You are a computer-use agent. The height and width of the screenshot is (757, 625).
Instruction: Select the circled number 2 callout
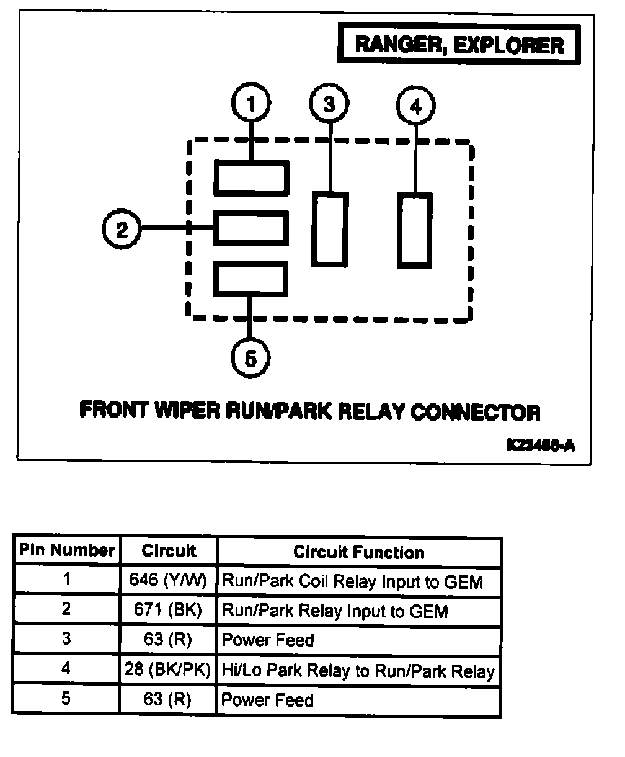click(x=122, y=230)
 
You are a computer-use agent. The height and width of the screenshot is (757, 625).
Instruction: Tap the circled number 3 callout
click(x=329, y=104)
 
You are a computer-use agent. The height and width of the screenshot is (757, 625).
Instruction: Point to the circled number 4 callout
click(x=415, y=106)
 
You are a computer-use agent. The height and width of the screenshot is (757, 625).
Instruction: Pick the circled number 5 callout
click(x=250, y=359)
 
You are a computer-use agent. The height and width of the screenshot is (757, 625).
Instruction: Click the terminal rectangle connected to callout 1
click(x=251, y=178)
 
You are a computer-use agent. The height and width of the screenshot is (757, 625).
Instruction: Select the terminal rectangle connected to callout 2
click(x=251, y=228)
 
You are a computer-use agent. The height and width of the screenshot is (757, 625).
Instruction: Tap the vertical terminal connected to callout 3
click(x=329, y=230)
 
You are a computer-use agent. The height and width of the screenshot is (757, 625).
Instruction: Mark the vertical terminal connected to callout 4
click(x=414, y=230)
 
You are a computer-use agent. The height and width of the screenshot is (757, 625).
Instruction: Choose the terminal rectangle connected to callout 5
click(x=251, y=280)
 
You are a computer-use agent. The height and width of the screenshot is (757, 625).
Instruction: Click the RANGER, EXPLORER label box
click(x=459, y=45)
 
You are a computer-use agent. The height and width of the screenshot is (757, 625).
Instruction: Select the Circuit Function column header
click(x=358, y=552)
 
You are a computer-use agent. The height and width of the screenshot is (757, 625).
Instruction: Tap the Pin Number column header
click(x=67, y=550)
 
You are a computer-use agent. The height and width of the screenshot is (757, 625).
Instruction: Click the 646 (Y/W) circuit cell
click(x=168, y=581)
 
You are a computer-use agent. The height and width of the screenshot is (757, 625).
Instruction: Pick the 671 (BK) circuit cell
click(x=168, y=611)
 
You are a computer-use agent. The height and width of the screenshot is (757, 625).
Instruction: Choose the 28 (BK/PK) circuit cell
click(x=168, y=670)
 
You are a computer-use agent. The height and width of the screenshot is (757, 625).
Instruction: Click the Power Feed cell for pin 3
click(x=268, y=640)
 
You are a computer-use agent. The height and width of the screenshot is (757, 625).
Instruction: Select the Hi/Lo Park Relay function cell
click(x=358, y=670)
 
